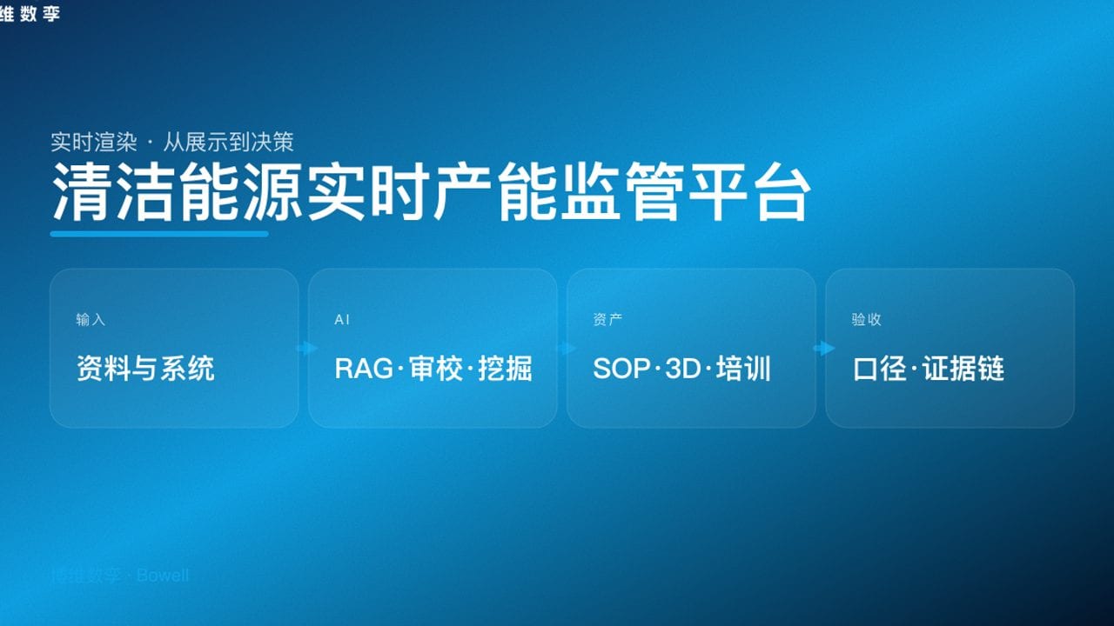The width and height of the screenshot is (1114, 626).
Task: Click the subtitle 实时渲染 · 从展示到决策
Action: [172, 141]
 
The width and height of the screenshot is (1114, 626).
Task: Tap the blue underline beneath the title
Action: [159, 233]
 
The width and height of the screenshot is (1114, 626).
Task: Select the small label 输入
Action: [91, 320]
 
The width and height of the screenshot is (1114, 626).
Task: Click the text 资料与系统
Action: [145, 369]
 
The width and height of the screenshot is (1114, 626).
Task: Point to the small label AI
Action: [342, 320]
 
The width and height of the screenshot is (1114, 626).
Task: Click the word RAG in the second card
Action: [363, 369]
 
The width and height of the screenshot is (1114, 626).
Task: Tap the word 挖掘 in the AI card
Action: [505, 369]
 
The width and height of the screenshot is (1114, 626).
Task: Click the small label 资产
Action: [607, 320]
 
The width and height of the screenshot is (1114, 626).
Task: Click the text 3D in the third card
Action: [682, 369]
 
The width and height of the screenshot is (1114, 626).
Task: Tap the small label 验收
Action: [866, 320]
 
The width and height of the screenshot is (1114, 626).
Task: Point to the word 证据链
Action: [963, 369]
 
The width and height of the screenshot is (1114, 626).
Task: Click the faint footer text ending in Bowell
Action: [119, 576]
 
